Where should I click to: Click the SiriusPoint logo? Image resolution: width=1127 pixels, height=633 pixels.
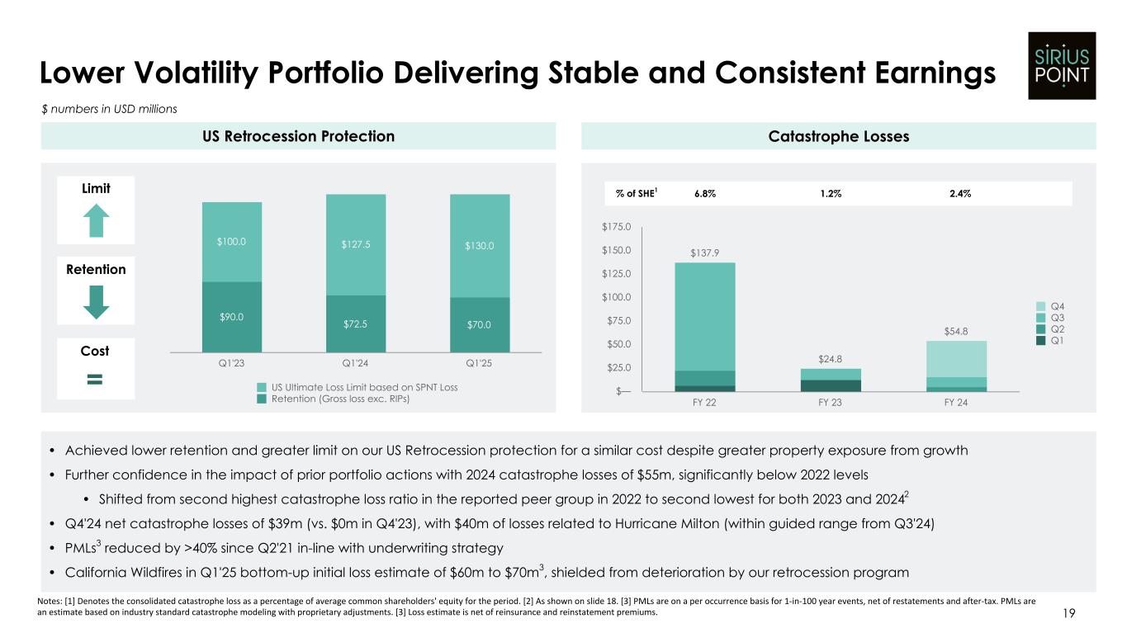pos(1061,65)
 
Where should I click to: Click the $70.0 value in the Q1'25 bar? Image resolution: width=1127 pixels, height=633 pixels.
pos(480,324)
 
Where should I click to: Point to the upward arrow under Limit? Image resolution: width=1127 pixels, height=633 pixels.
pos(97,221)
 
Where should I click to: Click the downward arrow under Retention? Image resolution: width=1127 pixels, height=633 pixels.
pos(97,302)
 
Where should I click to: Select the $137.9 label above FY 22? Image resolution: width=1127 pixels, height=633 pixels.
pos(704,253)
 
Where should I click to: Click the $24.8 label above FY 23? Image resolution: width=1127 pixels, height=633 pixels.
pos(831,359)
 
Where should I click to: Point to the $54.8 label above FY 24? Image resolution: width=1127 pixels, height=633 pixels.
pos(956,331)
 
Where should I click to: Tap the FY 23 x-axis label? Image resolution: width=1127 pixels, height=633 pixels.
pos(831,404)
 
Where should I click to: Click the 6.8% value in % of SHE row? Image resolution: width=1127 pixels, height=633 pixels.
pos(704,193)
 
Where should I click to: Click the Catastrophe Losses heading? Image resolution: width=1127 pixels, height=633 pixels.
pos(838,136)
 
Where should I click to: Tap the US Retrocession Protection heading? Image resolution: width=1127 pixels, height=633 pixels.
pos(298,136)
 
